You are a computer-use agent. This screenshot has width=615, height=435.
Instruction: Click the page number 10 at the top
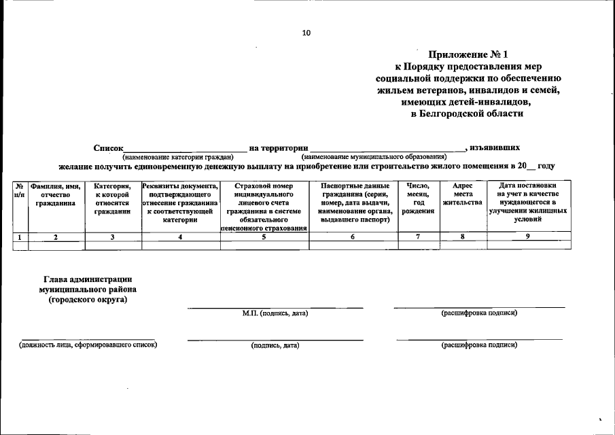pyautogui.click(x=306, y=32)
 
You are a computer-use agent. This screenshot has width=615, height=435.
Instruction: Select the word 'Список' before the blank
pyautogui.click(x=108, y=147)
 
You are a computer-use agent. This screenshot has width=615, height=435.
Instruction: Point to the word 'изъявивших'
pyautogui.click(x=496, y=147)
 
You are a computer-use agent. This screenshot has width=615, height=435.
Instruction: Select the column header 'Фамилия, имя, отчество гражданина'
pyautogui.click(x=56, y=194)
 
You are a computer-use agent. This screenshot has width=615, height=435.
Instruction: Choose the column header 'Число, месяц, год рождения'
pyautogui.click(x=418, y=198)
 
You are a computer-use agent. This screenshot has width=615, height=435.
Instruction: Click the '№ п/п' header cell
pyautogui.click(x=20, y=190)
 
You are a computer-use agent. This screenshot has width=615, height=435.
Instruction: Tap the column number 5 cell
pyautogui.click(x=264, y=237)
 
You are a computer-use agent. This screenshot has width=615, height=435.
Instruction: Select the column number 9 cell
pyautogui.click(x=527, y=237)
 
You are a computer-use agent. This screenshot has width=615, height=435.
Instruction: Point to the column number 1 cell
pyautogui.click(x=20, y=237)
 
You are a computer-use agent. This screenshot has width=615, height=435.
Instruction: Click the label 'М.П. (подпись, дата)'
pyautogui.click(x=275, y=313)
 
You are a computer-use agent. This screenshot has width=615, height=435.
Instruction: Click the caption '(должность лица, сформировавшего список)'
pyautogui.click(x=88, y=345)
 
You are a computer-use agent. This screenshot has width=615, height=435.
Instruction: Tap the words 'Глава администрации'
pyautogui.click(x=88, y=279)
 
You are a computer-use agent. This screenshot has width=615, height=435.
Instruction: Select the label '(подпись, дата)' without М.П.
pyautogui.click(x=275, y=345)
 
